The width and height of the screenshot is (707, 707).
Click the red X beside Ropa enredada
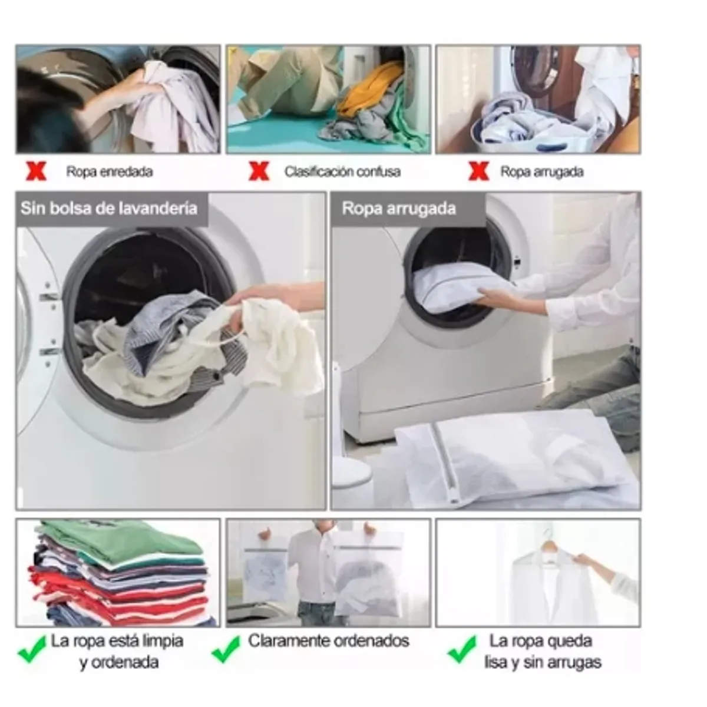point(36,171)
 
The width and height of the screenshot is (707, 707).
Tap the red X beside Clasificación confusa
point(259,171)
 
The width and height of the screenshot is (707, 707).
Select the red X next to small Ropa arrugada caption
point(479,171)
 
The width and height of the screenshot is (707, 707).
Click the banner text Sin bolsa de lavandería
point(109,209)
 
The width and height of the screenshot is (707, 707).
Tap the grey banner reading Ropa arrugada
point(408,209)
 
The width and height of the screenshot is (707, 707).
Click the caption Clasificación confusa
point(342,171)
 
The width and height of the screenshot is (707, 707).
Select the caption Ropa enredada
point(110,171)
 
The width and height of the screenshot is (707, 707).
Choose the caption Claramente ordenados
point(328,641)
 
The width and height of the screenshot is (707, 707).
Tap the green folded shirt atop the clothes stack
point(117,538)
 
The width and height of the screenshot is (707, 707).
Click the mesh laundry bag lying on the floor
point(514,458)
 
